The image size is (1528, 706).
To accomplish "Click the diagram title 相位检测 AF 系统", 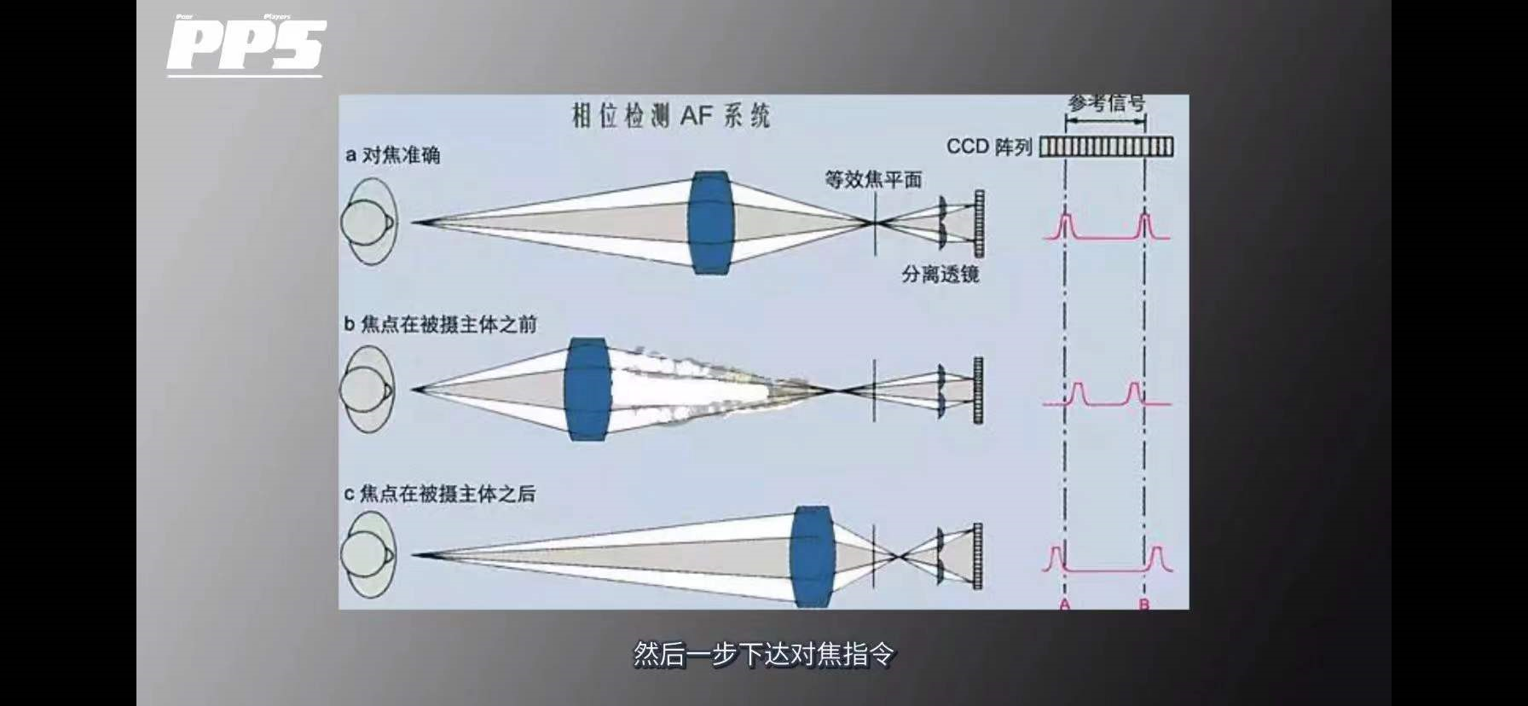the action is (670, 116).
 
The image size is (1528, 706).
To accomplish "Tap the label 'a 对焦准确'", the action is (393, 155).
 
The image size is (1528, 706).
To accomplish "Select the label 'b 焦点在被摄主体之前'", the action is (440, 325).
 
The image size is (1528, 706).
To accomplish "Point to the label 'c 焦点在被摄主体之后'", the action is (439, 494).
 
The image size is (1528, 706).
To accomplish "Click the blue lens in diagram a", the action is (711, 223).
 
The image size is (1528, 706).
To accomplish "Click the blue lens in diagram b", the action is (587, 390).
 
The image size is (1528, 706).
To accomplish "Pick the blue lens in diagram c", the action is (812, 556).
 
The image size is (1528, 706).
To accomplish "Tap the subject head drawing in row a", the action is (369, 222).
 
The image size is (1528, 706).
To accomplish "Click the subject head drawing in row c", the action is (368, 556).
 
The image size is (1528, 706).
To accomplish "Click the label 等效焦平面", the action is (872, 180).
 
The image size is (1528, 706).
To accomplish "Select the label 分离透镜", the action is (940, 275).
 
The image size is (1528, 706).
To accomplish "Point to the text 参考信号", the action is (1106, 105).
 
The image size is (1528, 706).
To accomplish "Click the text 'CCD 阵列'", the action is (989, 147).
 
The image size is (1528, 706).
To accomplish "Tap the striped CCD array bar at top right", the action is (1106, 147).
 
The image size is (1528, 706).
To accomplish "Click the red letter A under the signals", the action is (1064, 604).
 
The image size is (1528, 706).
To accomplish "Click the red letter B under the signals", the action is (1144, 604).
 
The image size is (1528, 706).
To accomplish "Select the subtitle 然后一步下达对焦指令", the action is (764, 655).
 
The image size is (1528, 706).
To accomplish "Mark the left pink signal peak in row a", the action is (1064, 226).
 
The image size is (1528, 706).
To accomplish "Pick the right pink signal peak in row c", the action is (1157, 558).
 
